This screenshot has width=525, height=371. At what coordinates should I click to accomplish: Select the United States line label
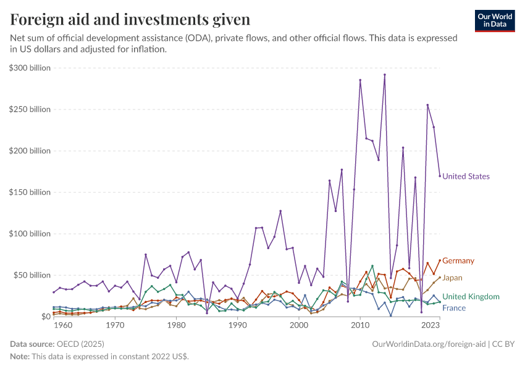(466, 176)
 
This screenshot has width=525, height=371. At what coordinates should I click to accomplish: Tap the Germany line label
(458, 261)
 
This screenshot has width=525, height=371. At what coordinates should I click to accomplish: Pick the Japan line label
(452, 278)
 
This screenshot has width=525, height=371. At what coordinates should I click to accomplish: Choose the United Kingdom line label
(471, 297)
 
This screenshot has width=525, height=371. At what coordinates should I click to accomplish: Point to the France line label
(454, 308)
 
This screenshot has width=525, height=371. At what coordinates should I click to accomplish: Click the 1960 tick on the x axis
(54, 325)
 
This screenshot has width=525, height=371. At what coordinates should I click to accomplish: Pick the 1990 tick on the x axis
(237, 325)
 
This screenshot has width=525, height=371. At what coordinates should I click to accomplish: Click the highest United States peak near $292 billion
(384, 75)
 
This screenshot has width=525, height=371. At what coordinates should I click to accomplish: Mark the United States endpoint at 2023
(440, 176)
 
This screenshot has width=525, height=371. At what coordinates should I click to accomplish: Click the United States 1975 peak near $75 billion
(146, 255)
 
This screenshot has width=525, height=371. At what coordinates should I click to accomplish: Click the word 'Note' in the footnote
(20, 357)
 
